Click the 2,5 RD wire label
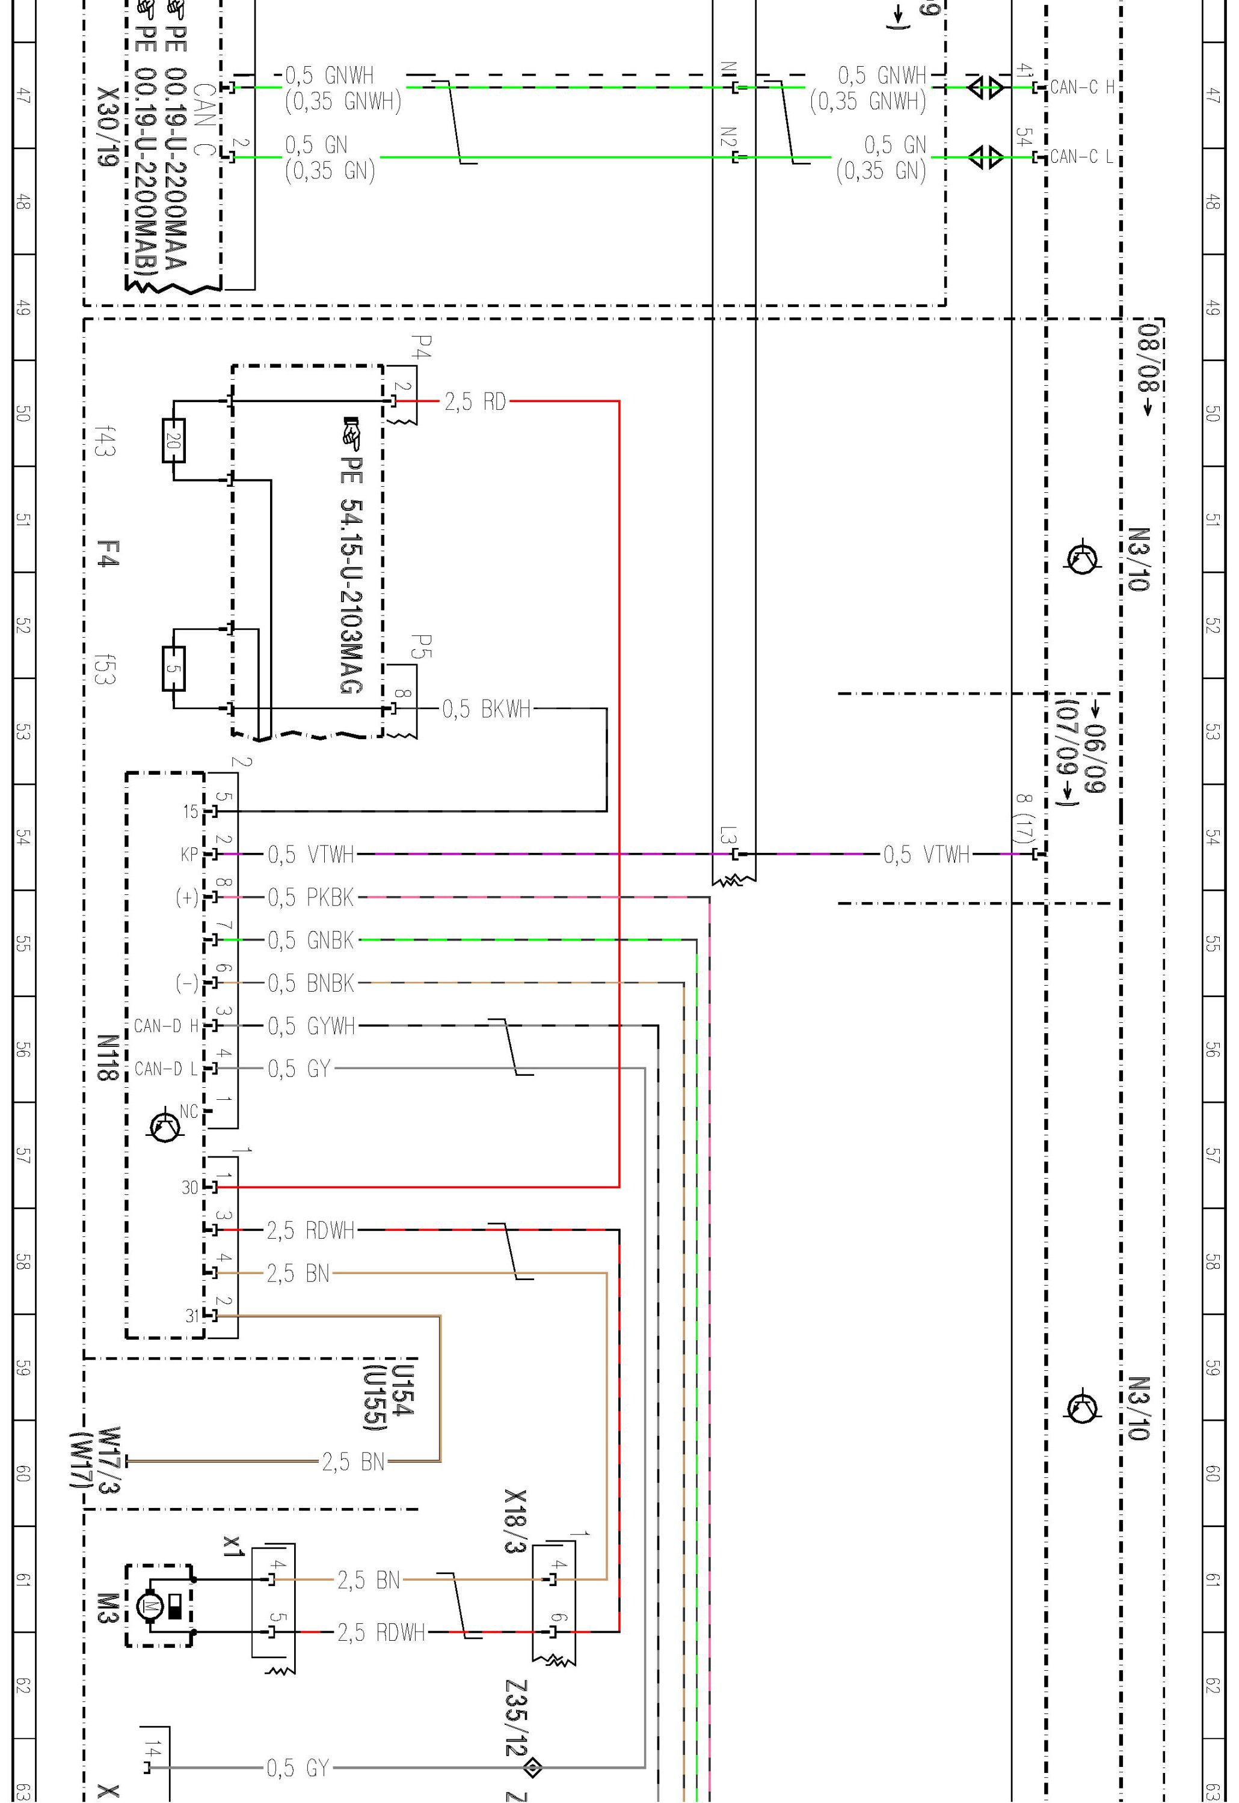(475, 402)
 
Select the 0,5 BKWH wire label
(487, 709)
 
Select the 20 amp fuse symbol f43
(173, 441)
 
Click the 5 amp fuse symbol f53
(173, 668)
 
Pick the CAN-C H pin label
(1081, 88)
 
